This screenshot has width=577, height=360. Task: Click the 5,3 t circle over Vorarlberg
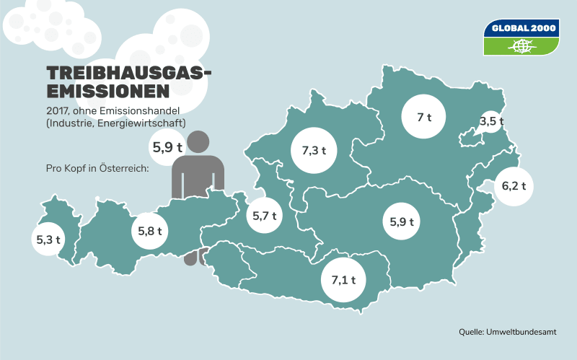coord(48,240)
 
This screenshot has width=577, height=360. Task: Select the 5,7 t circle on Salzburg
coord(263,215)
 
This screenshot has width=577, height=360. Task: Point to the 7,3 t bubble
coord(313,151)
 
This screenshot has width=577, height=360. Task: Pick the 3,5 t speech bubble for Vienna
coord(491,122)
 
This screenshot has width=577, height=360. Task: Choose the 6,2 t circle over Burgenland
coord(513,186)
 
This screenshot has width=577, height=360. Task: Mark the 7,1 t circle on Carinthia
coord(344,279)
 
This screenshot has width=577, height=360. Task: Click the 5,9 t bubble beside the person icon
coord(167,147)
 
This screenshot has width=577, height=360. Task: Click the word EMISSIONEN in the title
coord(107,92)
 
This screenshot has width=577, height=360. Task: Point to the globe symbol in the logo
coord(521,46)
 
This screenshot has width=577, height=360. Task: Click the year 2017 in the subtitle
coord(57,110)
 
